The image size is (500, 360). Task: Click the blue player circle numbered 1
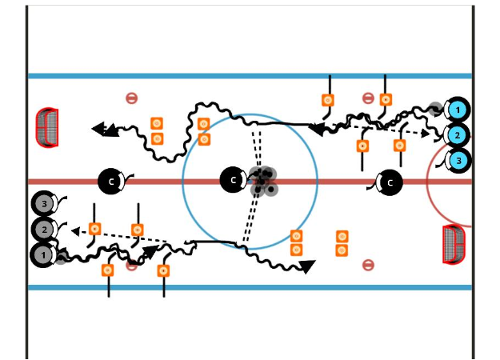tap(458, 110)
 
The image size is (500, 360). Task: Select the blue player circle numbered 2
tap(458, 135)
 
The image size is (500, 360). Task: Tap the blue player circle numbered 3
tap(458, 161)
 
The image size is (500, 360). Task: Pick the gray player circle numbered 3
tap(44, 204)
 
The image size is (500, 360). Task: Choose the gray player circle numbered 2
tap(44, 230)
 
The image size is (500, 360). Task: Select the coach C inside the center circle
tap(232, 181)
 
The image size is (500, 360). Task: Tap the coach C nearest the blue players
tap(390, 182)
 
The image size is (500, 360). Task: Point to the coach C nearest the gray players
tap(110, 182)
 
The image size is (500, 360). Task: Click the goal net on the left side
tap(48, 127)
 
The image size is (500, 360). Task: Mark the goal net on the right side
tap(454, 243)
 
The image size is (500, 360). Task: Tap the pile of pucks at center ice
tap(263, 182)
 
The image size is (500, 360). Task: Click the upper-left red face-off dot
tap(132, 98)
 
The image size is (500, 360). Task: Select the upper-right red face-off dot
tap(368, 98)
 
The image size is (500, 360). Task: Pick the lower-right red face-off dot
tap(368, 265)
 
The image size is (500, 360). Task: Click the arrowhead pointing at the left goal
tap(100, 128)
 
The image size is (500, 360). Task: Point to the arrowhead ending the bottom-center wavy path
tap(307, 266)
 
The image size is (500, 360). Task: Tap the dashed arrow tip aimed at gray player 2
tap(74, 231)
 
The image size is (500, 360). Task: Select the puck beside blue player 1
tap(435, 108)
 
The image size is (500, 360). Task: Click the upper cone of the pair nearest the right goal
tap(342, 237)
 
